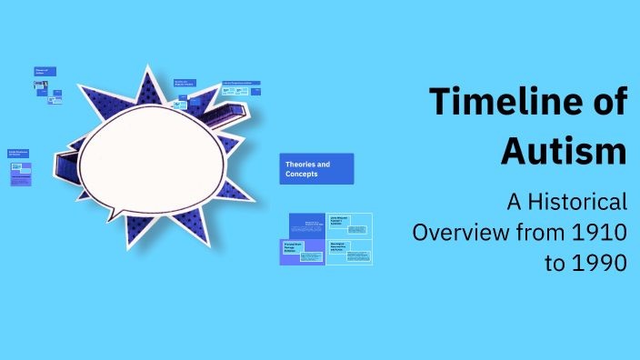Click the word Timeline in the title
click(504, 102)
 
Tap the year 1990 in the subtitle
click(598, 263)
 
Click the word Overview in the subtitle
click(454, 232)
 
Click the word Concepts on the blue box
click(302, 174)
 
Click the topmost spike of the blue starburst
click(145, 72)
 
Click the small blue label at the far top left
click(45, 71)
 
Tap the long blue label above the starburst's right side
click(242, 84)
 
